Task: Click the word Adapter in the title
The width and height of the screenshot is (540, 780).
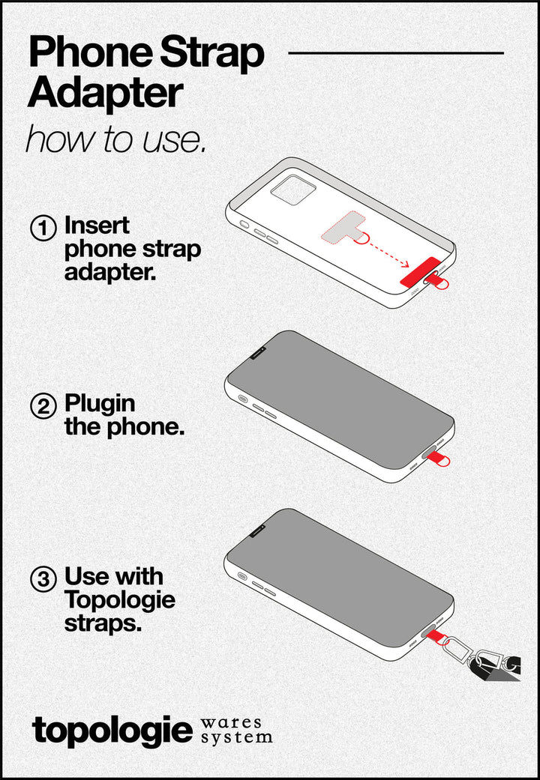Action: pos(106,93)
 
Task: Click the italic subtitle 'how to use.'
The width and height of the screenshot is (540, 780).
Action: pos(115,139)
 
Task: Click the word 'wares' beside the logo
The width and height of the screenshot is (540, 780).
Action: pos(231,724)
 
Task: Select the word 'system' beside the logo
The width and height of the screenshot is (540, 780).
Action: pos(236,738)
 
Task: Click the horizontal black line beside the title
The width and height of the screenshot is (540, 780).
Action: pos(395,53)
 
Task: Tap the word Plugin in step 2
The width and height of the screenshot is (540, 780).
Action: pos(100,403)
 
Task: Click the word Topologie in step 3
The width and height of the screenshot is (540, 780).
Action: pos(119,600)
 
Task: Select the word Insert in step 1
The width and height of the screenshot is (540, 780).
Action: pos(97,225)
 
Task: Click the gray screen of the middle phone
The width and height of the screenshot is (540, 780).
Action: pos(337,397)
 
